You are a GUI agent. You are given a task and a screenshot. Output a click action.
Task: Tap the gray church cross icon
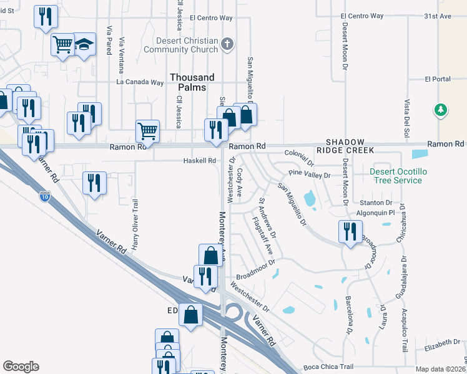(228, 44)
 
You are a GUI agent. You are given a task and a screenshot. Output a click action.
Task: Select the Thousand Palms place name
(192, 82)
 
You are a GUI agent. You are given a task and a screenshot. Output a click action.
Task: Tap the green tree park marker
(441, 110)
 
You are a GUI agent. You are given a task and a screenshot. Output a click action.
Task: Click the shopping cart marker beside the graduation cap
(63, 44)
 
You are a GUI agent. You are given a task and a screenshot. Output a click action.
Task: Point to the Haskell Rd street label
(199, 160)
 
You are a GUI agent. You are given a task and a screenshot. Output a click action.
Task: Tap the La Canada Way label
(140, 82)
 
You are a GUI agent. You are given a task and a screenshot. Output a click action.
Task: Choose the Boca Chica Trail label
(328, 367)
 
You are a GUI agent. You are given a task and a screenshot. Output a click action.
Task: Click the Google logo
(21, 367)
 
